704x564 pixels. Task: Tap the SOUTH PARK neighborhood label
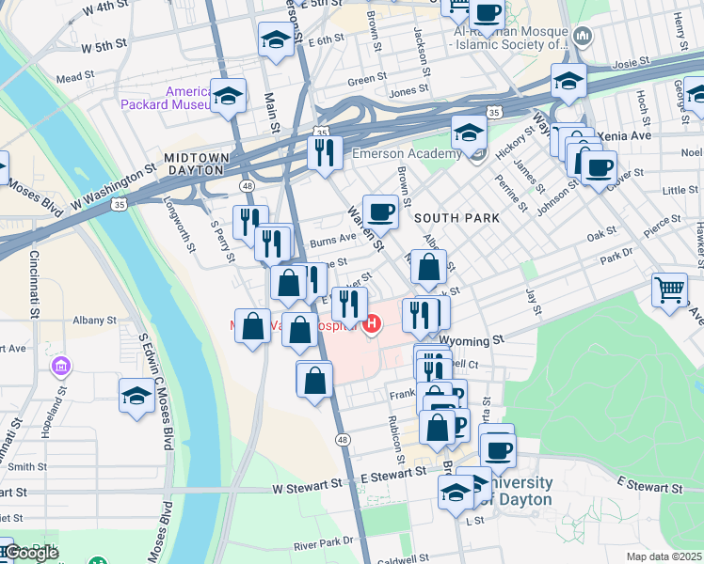tap(456, 217)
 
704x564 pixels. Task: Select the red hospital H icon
tap(372, 326)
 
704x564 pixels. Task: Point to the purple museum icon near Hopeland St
tap(61, 365)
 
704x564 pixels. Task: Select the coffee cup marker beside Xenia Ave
tap(598, 169)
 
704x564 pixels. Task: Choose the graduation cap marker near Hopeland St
tap(136, 395)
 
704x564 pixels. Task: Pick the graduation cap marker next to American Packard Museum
tap(228, 96)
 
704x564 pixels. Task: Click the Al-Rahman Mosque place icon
tap(581, 38)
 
